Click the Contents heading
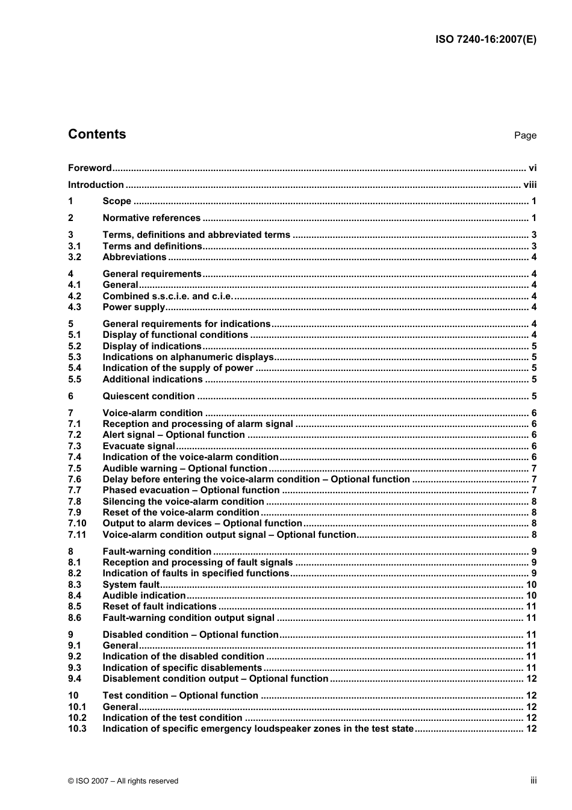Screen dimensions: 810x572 pyautogui.click(x=97, y=134)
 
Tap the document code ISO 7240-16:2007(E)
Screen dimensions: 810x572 pyautogui.click(x=485, y=40)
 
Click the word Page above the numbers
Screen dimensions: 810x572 pyautogui.click(x=525, y=136)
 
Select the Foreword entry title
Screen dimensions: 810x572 pyautogui.click(x=90, y=168)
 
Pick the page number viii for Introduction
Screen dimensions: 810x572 pyautogui.click(x=530, y=185)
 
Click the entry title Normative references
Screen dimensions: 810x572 pyautogui.click(x=151, y=218)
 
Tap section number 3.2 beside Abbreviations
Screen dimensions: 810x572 pyautogui.click(x=74, y=257)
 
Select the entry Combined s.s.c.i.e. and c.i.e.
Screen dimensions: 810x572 pyautogui.click(x=167, y=296)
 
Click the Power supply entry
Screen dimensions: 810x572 pyautogui.click(x=134, y=307)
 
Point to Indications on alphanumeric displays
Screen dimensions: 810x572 pyautogui.click(x=188, y=357)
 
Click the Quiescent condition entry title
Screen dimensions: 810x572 pyautogui.click(x=148, y=396)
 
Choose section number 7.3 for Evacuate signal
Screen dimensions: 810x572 pyautogui.click(x=74, y=446)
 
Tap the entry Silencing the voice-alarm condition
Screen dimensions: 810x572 pyautogui.click(x=183, y=502)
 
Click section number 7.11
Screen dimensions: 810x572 pyautogui.click(x=76, y=535)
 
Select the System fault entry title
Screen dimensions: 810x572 pyautogui.click(x=131, y=585)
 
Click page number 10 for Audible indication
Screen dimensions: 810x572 pyautogui.click(x=531, y=596)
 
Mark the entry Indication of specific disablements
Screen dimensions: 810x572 pyautogui.click(x=182, y=668)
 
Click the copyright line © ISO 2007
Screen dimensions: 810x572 pyautogui.click(x=123, y=781)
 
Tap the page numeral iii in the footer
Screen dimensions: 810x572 pyautogui.click(x=533, y=780)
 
